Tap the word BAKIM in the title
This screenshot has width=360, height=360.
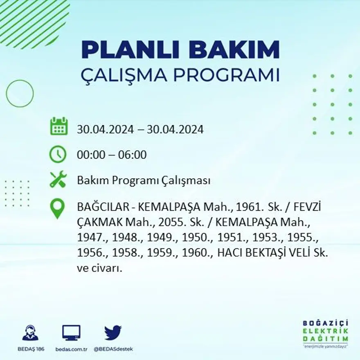pyautogui.click(x=234, y=50)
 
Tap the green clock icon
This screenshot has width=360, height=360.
pyautogui.click(x=58, y=154)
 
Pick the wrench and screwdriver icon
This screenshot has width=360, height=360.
pyautogui.click(x=58, y=180)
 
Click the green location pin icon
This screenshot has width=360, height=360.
pyautogui.click(x=57, y=208)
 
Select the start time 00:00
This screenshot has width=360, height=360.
pyautogui.click(x=89, y=155)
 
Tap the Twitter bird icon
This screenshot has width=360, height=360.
pyautogui.click(x=113, y=332)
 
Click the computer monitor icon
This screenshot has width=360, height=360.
pyautogui.click(x=71, y=333)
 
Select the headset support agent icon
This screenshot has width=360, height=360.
pyautogui.click(x=30, y=333)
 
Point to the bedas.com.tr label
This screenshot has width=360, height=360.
pyautogui.click(x=71, y=349)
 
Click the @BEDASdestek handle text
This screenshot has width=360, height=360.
pyautogui.click(x=113, y=349)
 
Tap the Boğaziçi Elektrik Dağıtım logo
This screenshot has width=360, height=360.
pyautogui.click(x=326, y=332)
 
